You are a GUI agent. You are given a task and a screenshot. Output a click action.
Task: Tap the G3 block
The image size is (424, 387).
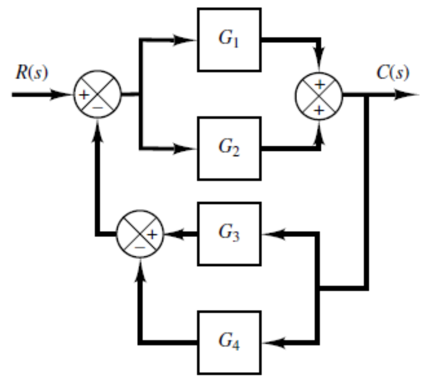click(x=229, y=234)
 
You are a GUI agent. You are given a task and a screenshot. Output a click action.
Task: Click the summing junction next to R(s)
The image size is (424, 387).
click(x=97, y=95)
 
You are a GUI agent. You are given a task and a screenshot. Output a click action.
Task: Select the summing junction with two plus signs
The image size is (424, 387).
click(x=319, y=95)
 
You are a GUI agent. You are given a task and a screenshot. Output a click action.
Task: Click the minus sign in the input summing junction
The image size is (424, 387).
click(x=97, y=107)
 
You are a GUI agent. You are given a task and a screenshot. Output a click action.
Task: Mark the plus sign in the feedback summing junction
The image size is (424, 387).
click(x=152, y=234)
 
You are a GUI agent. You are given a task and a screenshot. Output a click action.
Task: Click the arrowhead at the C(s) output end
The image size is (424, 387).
click(x=409, y=95)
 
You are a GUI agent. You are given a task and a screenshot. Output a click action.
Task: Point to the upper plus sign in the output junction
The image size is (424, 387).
click(x=319, y=84)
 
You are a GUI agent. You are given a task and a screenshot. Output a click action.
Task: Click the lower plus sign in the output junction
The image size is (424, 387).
click(x=319, y=109)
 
